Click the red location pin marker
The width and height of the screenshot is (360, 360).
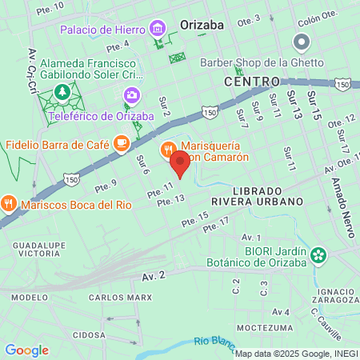(x=180, y=163)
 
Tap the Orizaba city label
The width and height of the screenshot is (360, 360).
(x=206, y=23)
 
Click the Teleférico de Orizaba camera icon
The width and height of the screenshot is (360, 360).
(x=130, y=96)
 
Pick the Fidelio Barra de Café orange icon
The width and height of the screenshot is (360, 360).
(x=121, y=145)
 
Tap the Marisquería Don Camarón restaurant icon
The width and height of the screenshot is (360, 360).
(x=169, y=147)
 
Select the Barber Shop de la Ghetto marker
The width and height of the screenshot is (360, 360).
(x=302, y=42)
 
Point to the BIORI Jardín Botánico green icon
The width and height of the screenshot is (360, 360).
(x=319, y=256)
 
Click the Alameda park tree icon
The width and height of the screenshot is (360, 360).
(x=62, y=94)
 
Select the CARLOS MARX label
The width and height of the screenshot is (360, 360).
(x=120, y=298)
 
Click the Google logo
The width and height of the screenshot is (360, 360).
(x=26, y=350)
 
